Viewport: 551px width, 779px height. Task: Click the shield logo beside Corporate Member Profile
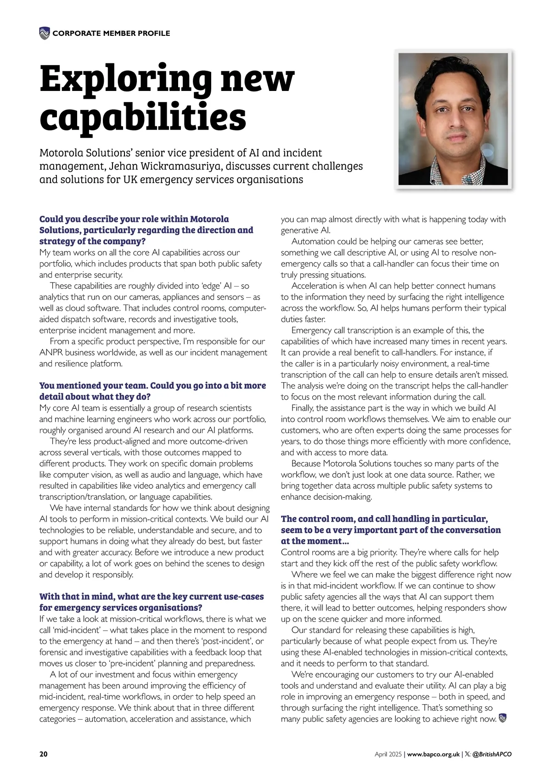(44, 33)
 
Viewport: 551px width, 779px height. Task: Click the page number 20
(43, 754)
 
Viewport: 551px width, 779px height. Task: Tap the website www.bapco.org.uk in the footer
(433, 754)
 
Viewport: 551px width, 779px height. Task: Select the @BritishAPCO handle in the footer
(492, 754)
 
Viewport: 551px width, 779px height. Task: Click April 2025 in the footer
(388, 754)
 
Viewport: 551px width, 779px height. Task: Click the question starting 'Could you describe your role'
(146, 230)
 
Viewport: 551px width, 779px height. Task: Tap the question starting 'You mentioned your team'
(152, 391)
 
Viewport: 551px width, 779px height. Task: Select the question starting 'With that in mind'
(152, 602)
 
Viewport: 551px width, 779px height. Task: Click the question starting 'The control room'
(391, 530)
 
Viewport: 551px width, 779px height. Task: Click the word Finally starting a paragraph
(303, 408)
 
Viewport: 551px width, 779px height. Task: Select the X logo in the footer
(467, 754)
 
